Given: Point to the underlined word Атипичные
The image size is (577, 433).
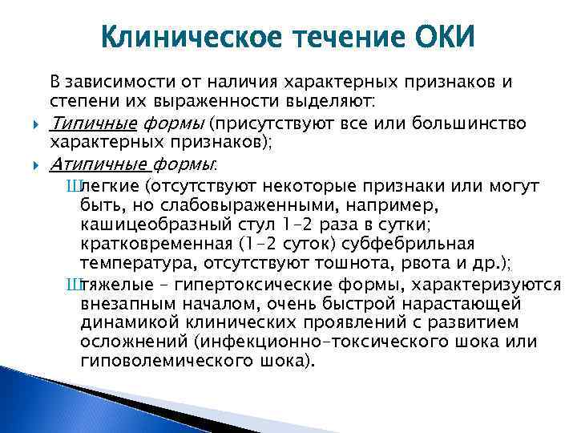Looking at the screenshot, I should point(99,164).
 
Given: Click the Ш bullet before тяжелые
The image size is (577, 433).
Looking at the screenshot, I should point(75,285).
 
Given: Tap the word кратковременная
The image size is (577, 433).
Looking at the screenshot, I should point(157,244).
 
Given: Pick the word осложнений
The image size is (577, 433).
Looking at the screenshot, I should point(130,342).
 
